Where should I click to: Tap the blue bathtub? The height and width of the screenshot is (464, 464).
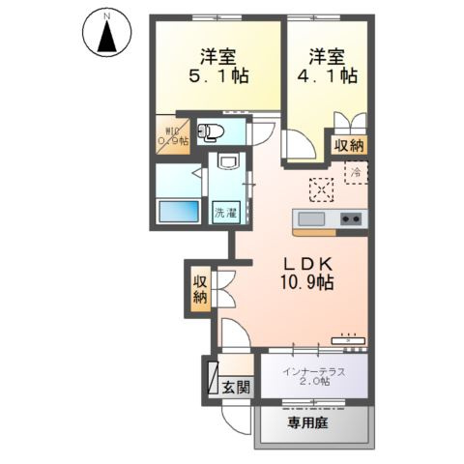point(178,210)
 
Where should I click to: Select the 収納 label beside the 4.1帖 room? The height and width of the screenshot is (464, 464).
point(348,146)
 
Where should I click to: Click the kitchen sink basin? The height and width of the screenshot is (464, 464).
point(313,217)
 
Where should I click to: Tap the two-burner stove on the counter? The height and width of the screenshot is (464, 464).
point(350,217)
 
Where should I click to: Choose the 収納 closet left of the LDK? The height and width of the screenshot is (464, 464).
point(200,289)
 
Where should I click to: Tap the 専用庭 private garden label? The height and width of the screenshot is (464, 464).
point(310,422)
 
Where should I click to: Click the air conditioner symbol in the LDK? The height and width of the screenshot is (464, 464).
point(347,339)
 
